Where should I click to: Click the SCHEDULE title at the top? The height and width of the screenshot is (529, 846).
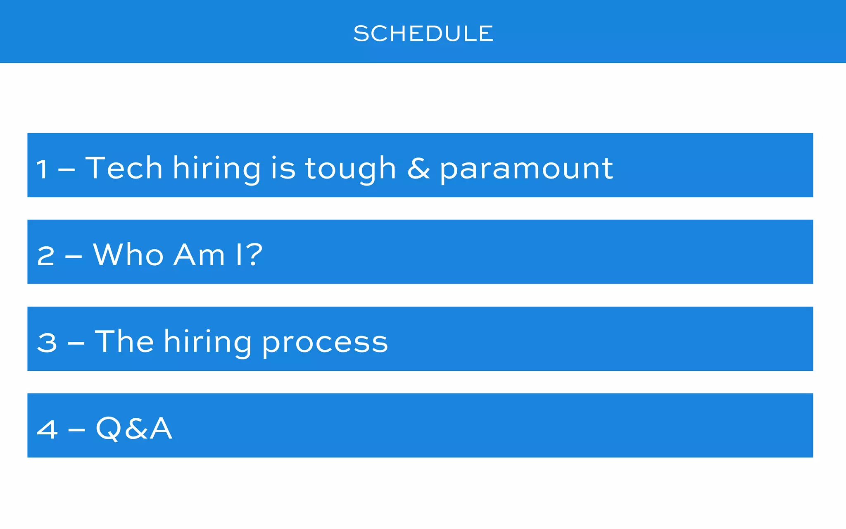[423, 33]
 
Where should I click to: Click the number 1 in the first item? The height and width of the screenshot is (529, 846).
[42, 169]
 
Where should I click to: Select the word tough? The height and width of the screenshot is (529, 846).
[350, 169]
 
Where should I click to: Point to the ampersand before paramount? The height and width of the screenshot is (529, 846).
[418, 169]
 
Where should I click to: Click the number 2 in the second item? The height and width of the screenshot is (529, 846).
[45, 256]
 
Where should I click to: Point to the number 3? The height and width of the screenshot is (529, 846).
[47, 343]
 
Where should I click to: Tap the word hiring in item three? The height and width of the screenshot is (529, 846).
[207, 342]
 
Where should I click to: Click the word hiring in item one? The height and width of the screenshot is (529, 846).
[217, 169]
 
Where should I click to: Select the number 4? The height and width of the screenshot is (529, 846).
[47, 429]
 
